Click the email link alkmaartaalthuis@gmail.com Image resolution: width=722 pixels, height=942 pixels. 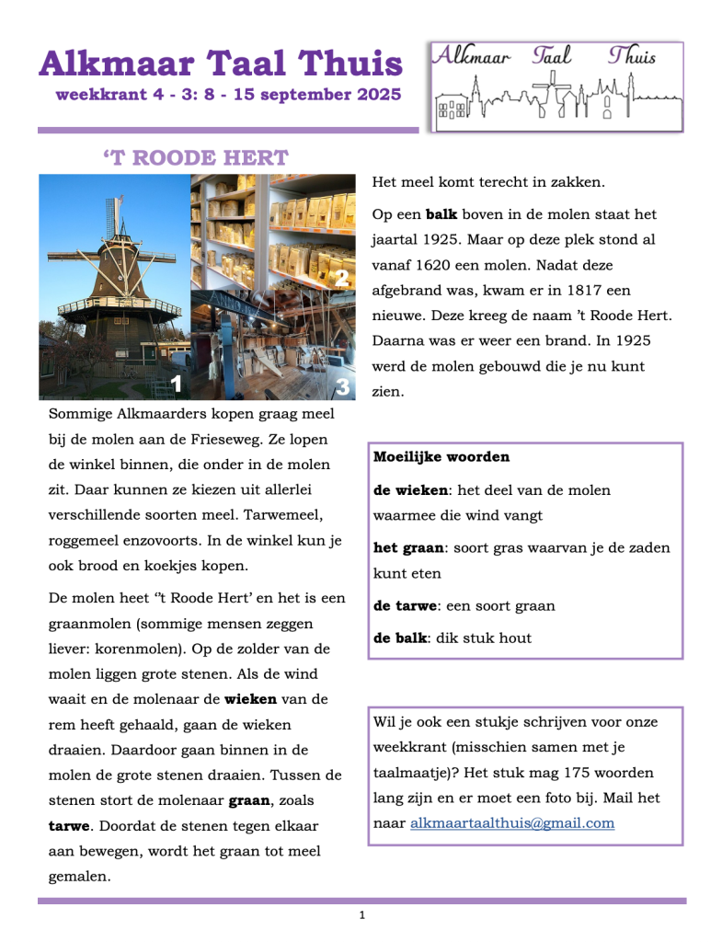[512, 823]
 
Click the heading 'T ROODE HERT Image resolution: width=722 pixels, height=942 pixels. [196, 158]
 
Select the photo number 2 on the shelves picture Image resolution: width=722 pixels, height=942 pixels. [341, 278]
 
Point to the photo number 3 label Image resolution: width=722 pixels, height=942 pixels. [342, 387]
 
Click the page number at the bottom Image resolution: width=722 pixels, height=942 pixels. [361, 915]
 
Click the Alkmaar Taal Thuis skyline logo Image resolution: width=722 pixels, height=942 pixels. [556, 86]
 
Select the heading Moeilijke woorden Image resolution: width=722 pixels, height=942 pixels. [441, 457]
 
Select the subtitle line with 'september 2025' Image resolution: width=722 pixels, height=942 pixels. [228, 95]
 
